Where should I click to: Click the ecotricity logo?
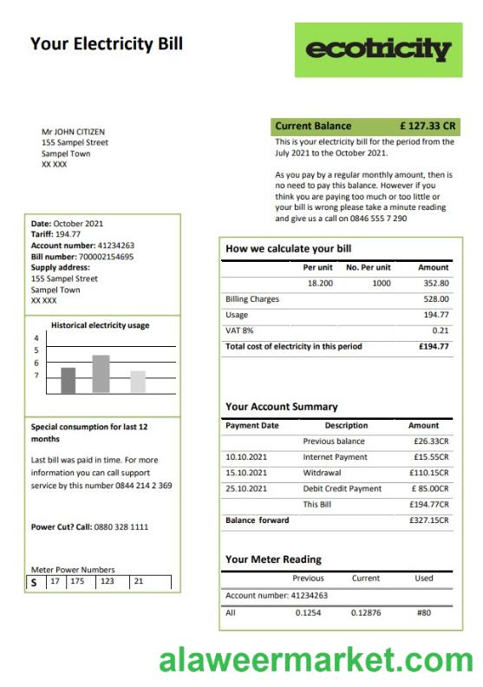378,49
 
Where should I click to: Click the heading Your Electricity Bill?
107,43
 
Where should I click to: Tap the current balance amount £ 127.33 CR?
427,126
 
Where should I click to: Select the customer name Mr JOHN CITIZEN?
74,133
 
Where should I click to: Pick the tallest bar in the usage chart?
101,374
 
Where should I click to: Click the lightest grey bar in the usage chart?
138,382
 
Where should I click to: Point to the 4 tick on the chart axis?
36,338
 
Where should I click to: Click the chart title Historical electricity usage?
101,325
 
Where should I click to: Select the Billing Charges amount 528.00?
435,299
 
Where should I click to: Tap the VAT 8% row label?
239,330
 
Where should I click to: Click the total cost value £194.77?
433,346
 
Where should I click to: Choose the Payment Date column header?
252,426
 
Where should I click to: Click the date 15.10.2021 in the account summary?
246,473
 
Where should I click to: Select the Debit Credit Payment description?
342,488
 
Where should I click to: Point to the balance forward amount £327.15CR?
428,520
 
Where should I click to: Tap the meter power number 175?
77,581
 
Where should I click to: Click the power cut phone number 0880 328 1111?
121,527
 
